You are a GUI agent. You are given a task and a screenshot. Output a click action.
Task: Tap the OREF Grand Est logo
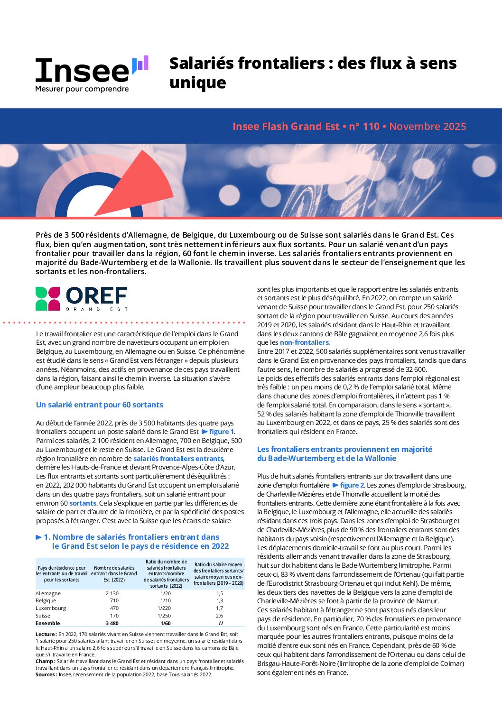(82, 298)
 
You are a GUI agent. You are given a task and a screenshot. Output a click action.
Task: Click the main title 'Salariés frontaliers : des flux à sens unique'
(313, 73)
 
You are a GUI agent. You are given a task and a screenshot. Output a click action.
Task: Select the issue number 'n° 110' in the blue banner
(364, 127)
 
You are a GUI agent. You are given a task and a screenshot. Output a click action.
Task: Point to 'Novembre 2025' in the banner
(428, 127)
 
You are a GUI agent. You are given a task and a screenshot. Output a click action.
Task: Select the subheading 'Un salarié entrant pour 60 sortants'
(100, 405)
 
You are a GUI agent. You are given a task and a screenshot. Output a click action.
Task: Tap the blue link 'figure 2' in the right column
(352, 485)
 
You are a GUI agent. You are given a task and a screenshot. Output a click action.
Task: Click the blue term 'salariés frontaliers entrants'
(178, 459)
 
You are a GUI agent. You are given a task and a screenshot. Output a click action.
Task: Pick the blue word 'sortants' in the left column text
(83, 503)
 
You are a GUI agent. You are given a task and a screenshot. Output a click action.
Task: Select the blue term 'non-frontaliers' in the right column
(304, 342)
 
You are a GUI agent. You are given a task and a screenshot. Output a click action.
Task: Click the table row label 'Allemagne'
(48, 593)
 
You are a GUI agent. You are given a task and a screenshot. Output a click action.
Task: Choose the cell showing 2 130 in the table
(112, 593)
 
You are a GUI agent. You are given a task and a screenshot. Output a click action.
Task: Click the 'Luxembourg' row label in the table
(51, 608)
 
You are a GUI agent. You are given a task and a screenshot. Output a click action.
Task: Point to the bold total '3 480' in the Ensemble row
(112, 623)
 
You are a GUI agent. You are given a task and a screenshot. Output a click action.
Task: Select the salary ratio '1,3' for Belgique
(220, 600)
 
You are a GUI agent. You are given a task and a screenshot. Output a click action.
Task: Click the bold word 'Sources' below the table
(46, 674)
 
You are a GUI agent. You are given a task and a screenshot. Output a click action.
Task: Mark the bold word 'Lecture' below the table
(46, 634)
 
